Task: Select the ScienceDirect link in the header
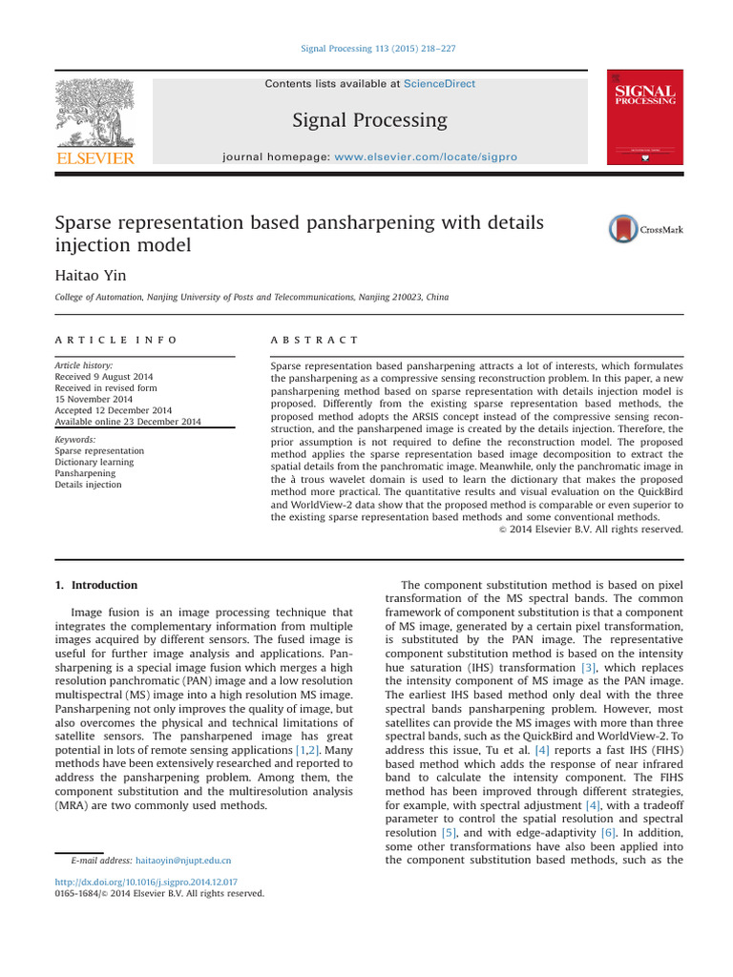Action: [x=439, y=84]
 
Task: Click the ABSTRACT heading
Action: [x=314, y=340]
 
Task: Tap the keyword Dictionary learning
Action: [x=94, y=462]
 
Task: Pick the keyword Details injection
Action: [x=88, y=485]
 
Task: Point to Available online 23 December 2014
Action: [x=128, y=422]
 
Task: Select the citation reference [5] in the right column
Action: [x=450, y=833]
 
